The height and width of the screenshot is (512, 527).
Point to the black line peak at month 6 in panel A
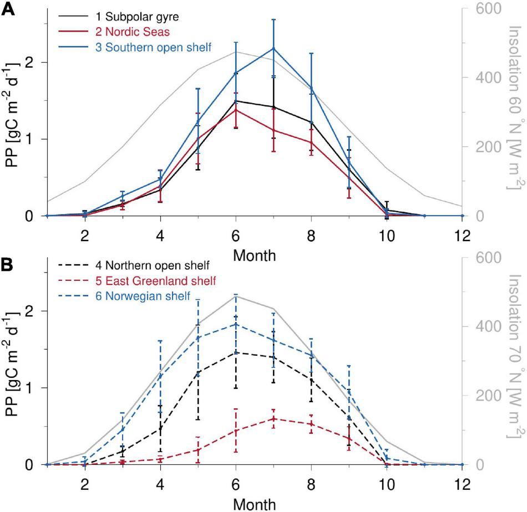coord(236,101)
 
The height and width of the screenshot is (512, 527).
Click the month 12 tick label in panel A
coord(462,233)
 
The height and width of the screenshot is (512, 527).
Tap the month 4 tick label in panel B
coord(161,482)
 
